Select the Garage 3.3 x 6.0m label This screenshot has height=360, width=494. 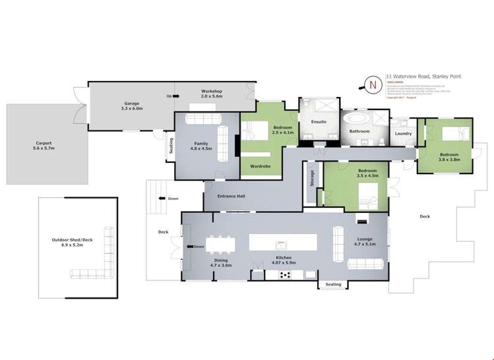pyautogui.click(x=132, y=106)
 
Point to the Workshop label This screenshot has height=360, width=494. pyautogui.click(x=212, y=94)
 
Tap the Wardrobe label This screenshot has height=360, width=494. pyautogui.click(x=262, y=166)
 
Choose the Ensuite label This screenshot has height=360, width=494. pyautogui.click(x=319, y=122)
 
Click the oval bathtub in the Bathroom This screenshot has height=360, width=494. pyautogui.click(x=359, y=119)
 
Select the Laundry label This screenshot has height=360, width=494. pyautogui.click(x=403, y=134)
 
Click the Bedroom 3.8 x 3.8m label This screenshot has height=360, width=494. pyautogui.click(x=449, y=157)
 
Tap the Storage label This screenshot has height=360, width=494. pyautogui.click(x=311, y=179)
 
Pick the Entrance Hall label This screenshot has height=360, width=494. pyautogui.click(x=233, y=196)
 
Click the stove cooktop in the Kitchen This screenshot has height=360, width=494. pyautogui.click(x=286, y=274)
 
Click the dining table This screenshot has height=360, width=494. pyautogui.click(x=220, y=243)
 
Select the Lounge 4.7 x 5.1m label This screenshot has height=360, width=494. pyautogui.click(x=365, y=242)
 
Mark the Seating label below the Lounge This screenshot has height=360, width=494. pyautogui.click(x=333, y=285)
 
